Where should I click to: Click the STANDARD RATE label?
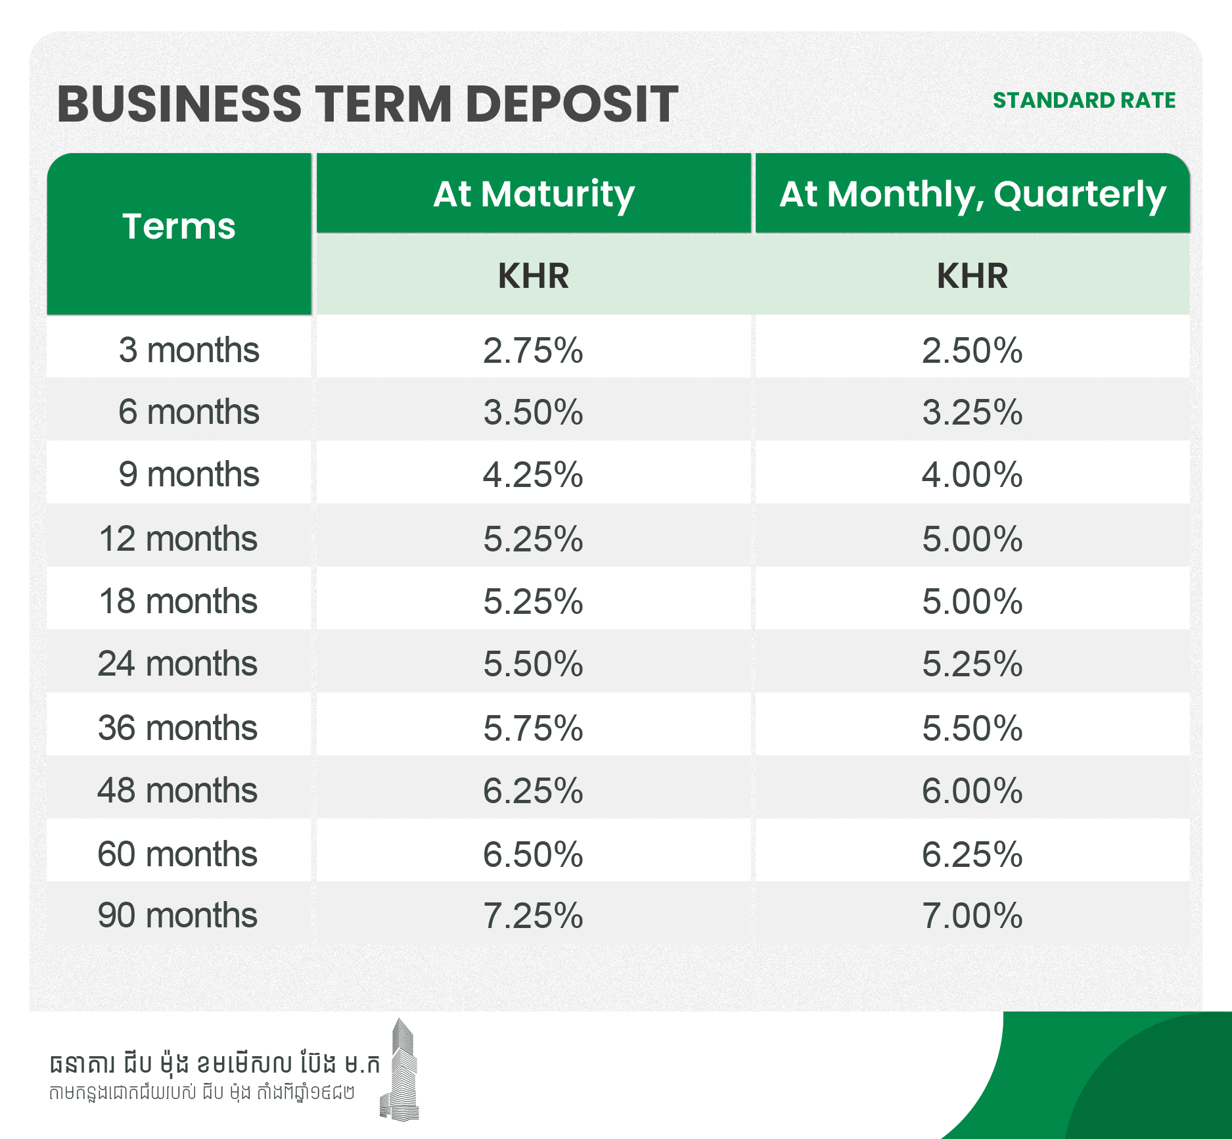tap(1084, 101)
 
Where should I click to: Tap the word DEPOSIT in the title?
tap(572, 104)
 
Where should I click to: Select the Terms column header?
tap(179, 227)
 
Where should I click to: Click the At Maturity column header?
tap(534, 195)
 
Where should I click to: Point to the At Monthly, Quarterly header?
tap(972, 195)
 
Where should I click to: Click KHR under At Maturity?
tap(534, 275)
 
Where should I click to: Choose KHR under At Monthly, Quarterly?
tap(972, 275)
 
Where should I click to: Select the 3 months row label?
tap(189, 350)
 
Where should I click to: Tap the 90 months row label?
tap(177, 915)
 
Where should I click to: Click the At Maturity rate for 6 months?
tap(534, 412)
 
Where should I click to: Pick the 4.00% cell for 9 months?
tap(972, 475)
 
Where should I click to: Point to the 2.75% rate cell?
tap(534, 350)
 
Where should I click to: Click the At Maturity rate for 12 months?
tap(534, 539)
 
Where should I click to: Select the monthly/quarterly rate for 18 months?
tap(972, 601)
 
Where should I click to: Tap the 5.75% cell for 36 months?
tap(534, 728)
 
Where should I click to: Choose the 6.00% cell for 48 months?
tap(972, 790)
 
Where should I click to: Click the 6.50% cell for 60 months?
tap(534, 854)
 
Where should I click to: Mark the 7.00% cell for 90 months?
tap(972, 916)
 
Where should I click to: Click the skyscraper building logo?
tap(400, 1069)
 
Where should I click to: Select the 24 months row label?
tap(177, 663)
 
